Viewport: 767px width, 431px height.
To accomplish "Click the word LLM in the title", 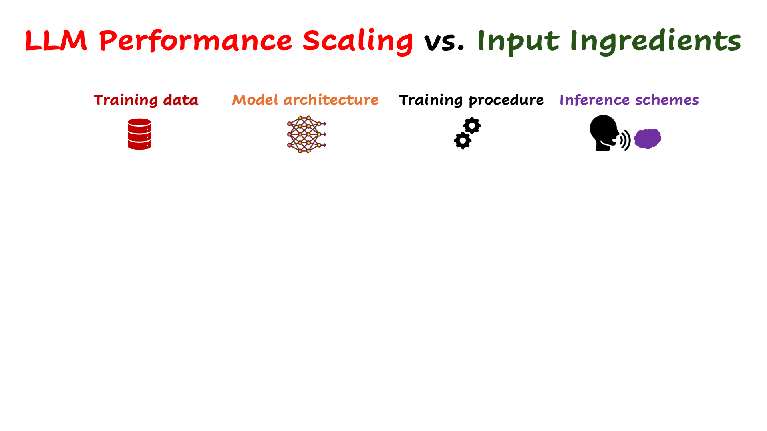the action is (x=56, y=40).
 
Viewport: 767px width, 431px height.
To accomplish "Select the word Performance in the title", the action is (x=196, y=41).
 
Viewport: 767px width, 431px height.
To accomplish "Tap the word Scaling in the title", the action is (x=358, y=42).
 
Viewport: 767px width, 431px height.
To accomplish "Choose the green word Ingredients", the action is (x=656, y=42).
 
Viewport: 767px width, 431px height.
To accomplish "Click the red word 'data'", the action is (x=181, y=100).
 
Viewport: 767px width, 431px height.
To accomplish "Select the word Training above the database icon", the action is (x=126, y=100).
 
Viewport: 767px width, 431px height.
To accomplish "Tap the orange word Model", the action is (x=255, y=99).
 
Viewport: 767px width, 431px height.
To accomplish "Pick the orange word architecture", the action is (x=331, y=100).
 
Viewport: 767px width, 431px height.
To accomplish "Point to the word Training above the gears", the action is (x=431, y=100).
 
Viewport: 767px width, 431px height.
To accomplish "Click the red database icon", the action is (x=139, y=134).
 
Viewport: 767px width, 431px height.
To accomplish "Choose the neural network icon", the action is (x=306, y=134).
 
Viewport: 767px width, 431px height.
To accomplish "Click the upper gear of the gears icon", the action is (x=472, y=126).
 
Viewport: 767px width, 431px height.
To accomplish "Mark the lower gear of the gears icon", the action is (x=463, y=140).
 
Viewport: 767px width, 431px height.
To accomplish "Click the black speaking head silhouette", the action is (x=604, y=133).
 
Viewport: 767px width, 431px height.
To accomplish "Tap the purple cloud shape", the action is (x=648, y=138).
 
